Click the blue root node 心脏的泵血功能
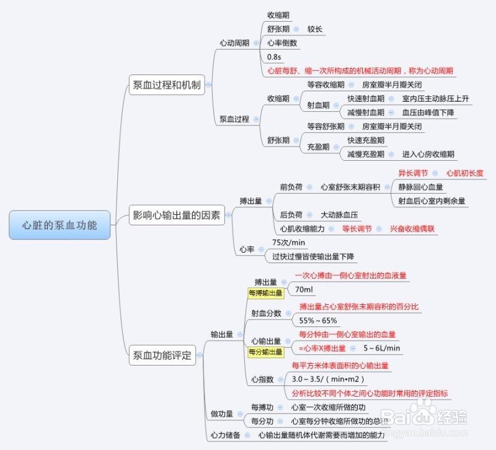click(x=60, y=225)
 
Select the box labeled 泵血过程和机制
click(x=167, y=85)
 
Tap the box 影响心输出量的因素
click(x=177, y=215)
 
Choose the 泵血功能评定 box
click(x=162, y=355)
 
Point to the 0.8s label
click(x=274, y=57)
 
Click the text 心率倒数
click(x=282, y=43)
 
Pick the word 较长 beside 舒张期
click(x=315, y=29)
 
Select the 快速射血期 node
click(x=366, y=99)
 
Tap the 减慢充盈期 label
click(x=366, y=154)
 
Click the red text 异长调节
click(x=413, y=173)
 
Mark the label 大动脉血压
click(x=339, y=215)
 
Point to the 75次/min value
click(x=288, y=243)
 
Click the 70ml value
click(x=304, y=289)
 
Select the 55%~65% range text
click(x=318, y=320)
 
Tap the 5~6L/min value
click(x=382, y=348)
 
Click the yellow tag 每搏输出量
click(x=265, y=293)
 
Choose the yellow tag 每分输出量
click(x=265, y=352)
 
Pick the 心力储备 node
click(x=226, y=435)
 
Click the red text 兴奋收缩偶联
click(x=412, y=228)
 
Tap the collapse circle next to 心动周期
click(x=256, y=43)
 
